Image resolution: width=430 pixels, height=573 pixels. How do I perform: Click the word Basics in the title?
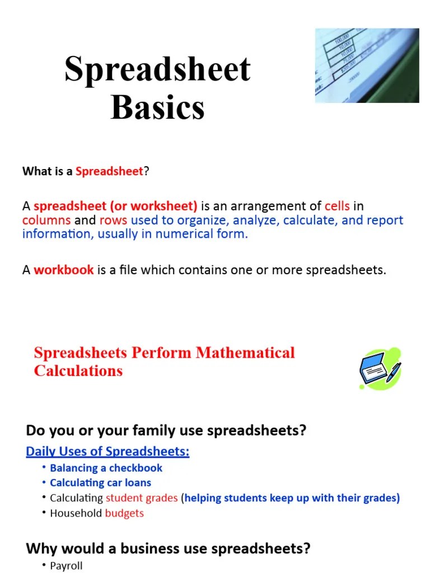157,107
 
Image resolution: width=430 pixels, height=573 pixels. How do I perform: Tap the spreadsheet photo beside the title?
367,65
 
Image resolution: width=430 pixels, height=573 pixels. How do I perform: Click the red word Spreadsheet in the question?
109,171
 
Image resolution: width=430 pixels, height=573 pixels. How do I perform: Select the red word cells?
337,206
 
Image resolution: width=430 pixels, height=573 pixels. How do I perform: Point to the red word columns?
46,220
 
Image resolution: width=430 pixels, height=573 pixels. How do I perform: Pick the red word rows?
113,220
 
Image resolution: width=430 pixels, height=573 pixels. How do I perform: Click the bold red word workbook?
64,270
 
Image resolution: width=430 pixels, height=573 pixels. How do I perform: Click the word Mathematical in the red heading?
245,353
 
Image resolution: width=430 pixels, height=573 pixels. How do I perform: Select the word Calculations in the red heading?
78,370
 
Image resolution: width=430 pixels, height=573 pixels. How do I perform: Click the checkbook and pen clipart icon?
380,368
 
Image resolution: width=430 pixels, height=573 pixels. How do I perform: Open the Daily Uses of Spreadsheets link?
107,452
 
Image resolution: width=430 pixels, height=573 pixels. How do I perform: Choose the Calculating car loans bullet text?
101,483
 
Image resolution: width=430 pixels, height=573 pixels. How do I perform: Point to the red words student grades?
142,498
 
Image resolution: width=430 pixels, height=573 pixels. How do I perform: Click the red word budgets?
124,514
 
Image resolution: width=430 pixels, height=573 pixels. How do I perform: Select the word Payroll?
66,566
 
